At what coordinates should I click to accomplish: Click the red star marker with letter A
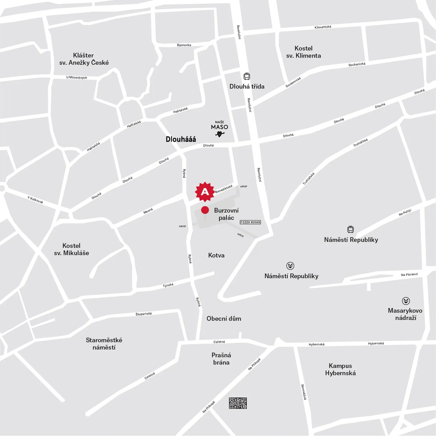[205, 192]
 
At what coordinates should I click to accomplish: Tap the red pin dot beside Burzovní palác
[205, 210]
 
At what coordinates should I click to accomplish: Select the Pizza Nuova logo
[250, 222]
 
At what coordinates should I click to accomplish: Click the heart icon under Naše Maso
[220, 134]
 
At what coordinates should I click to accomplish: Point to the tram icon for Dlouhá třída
[247, 76]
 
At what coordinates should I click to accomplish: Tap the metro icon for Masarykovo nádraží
[406, 301]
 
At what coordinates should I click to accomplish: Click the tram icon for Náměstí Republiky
[351, 229]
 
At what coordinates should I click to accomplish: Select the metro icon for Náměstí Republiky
[290, 266]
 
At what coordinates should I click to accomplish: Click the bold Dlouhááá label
[181, 139]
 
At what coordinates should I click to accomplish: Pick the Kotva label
[216, 255]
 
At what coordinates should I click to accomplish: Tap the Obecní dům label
[224, 319]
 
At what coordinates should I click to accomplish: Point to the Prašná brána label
[221, 359]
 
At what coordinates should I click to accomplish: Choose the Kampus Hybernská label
[340, 369]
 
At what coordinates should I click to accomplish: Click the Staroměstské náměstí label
[104, 344]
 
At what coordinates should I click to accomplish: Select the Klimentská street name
[323, 27]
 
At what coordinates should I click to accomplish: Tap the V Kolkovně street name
[35, 200]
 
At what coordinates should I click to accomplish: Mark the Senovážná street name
[303, 392]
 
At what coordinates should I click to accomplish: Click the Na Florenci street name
[409, 275]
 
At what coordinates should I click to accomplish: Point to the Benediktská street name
[224, 189]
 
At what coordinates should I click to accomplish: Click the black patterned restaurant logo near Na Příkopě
[238, 403]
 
